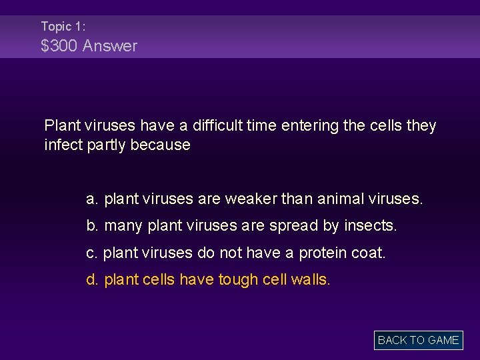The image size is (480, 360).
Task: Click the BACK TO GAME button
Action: click(x=418, y=340)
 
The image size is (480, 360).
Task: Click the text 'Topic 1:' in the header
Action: click(x=63, y=27)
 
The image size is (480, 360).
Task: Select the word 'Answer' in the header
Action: click(x=110, y=46)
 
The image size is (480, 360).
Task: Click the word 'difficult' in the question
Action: click(x=220, y=125)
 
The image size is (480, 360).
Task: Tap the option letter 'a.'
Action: click(x=93, y=199)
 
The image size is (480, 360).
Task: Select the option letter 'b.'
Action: click(x=93, y=226)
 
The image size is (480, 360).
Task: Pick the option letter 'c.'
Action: click(x=93, y=253)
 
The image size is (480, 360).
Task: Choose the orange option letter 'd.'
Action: click(x=93, y=279)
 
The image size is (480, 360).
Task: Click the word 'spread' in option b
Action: click(x=295, y=226)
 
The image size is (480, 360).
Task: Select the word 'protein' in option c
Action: click(x=322, y=253)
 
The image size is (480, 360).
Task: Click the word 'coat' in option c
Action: click(x=371, y=253)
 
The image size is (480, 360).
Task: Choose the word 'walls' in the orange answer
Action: click(x=311, y=279)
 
